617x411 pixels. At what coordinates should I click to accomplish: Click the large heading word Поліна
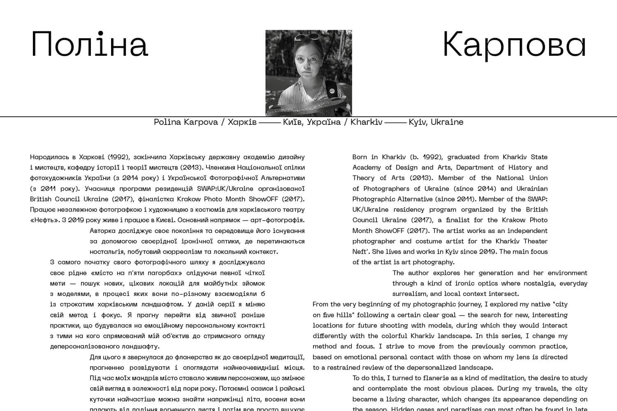tap(89, 44)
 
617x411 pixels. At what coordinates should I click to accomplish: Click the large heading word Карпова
tap(514, 44)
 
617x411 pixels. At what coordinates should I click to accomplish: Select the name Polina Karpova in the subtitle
tap(186, 122)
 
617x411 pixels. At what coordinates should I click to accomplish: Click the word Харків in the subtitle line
tap(242, 122)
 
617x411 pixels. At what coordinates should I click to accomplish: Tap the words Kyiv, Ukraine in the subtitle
tap(436, 122)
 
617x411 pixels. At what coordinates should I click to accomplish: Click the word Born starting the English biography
tap(360, 157)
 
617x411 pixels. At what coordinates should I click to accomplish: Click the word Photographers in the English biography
tap(389, 189)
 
